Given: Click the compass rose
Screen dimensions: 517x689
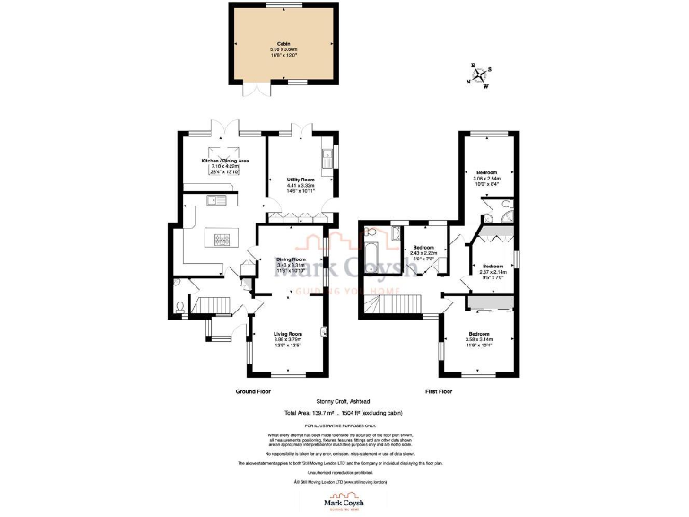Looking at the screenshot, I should pos(482,75).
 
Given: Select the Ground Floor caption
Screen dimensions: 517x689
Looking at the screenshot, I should pos(253,392).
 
